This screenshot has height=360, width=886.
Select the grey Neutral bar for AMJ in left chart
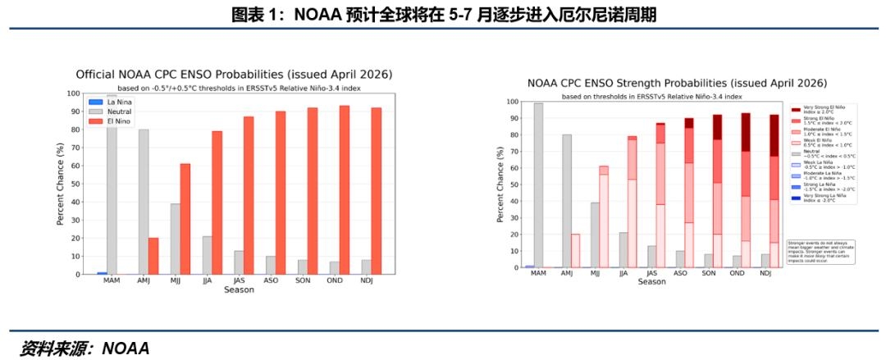[144, 202]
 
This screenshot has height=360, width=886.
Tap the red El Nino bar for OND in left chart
[345, 189]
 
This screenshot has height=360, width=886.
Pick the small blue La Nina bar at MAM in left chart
[102, 272]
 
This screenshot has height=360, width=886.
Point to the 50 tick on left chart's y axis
[75, 184]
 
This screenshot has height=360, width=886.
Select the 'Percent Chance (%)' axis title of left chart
[61, 184]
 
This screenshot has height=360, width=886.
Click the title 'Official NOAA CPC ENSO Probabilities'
[235, 74]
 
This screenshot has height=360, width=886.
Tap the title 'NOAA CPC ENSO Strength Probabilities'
[677, 84]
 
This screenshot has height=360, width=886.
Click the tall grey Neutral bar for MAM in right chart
[538, 185]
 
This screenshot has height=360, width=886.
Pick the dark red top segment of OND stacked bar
[745, 132]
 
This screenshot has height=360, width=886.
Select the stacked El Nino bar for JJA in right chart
[632, 202]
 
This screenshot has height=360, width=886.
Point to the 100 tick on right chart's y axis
[512, 103]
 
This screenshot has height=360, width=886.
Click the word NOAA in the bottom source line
[126, 348]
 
